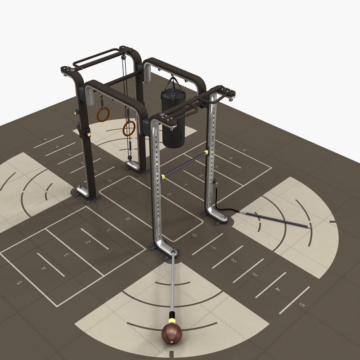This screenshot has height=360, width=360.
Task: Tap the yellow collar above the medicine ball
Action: [x=171, y=321]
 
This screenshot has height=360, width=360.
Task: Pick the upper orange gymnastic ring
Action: [x=103, y=114]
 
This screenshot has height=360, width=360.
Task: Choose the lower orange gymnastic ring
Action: [x=129, y=129]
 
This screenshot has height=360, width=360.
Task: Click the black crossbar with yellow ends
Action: [x=184, y=164]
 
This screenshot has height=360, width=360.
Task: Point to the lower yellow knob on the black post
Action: [x=89, y=134]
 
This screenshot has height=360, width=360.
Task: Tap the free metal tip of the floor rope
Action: [x=310, y=226]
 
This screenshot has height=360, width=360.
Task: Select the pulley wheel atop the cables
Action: [x=122, y=57]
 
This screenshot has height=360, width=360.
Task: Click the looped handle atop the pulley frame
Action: [x=94, y=58]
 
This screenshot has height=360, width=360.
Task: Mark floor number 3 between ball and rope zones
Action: [x=255, y=274]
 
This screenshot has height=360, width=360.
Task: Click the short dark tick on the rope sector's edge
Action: [x=333, y=222]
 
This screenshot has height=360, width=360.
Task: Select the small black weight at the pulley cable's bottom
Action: [x=130, y=158]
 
